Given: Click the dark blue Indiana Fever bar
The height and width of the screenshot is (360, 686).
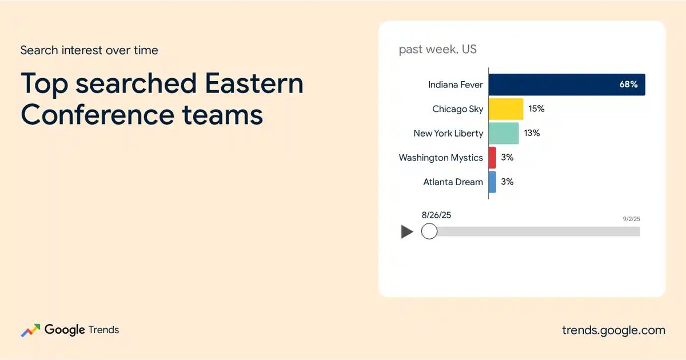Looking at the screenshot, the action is pos(567,85).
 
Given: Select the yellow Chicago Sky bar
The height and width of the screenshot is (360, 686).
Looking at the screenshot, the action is pos(506,109).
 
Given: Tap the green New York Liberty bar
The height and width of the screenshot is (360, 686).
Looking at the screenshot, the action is pos(504,133).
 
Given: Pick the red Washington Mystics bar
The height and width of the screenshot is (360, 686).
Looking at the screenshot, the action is pos(492,158).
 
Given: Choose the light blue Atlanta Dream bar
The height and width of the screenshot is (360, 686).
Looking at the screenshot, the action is pos(492,182).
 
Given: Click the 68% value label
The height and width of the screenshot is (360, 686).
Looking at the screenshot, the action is pos(628,85).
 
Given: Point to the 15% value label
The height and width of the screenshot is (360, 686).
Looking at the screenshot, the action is pos(537,109).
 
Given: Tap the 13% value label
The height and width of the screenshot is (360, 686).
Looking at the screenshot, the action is pos(532,133).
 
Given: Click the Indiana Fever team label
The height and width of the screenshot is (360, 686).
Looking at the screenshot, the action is pos(456,85).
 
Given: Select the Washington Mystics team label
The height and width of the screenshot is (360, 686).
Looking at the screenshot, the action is pos(441,158).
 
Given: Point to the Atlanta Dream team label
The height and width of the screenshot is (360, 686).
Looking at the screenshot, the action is pos(453,182).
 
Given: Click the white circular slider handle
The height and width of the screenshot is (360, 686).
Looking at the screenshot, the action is pos(429,231).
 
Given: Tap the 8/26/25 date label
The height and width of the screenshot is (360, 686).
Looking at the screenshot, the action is pos(436,215).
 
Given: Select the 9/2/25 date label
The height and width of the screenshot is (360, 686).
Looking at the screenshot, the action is pos(632,219).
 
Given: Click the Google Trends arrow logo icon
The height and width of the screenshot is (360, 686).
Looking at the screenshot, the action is pos(31,330).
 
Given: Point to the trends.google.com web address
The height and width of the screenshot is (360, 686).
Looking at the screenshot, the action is pos(614,330).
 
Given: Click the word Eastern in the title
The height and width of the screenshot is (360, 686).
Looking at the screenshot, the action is pos(254,83).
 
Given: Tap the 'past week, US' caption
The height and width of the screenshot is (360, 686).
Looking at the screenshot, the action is pos(438,49).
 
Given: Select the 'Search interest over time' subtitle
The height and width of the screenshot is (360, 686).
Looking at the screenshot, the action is pos(89,50).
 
